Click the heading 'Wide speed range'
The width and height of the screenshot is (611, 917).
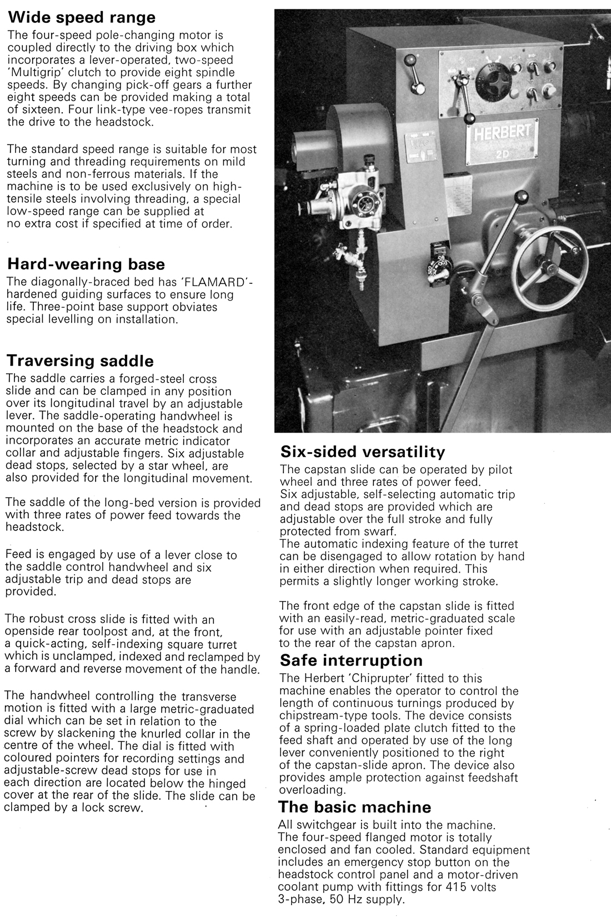(81, 18)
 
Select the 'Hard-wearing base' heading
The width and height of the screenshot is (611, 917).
(86, 264)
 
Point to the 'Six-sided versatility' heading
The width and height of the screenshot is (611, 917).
(363, 450)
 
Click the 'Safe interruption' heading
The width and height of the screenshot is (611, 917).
(351, 660)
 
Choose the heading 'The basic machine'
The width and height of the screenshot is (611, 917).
(355, 806)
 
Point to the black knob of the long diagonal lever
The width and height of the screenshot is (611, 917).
(521, 197)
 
